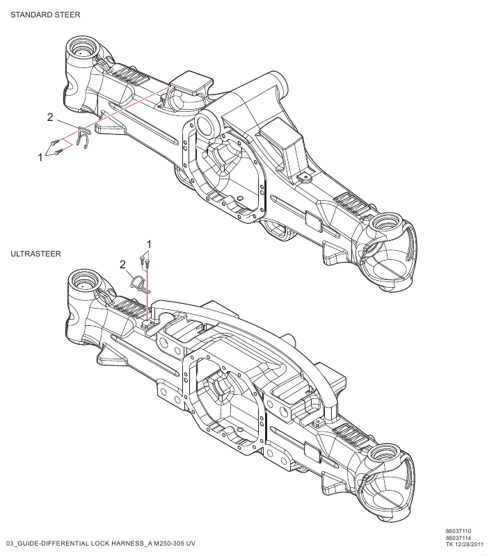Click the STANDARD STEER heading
45,15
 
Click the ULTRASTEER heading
36,255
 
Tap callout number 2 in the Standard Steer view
50,117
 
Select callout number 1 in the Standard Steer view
40,158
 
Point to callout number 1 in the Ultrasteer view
148,243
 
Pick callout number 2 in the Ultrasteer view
122,264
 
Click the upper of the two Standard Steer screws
54,142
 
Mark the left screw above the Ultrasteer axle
143,261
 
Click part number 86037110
458,530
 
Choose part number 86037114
458,537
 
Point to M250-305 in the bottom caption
167,542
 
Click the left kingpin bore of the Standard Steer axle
82,50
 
